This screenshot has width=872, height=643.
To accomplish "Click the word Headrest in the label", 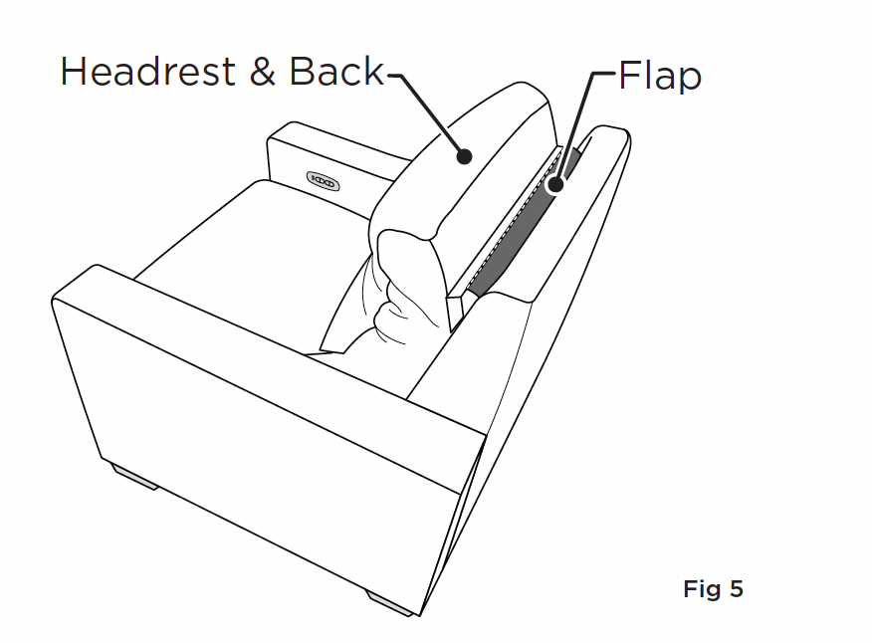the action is (x=148, y=72).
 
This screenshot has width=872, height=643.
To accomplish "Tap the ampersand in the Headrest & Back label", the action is (x=263, y=73).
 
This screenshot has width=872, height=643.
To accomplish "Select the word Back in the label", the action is (x=336, y=72).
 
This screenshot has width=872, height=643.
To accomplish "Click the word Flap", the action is (x=660, y=76).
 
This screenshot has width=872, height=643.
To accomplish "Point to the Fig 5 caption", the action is (x=713, y=588).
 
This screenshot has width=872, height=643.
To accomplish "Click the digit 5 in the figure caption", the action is (x=737, y=588).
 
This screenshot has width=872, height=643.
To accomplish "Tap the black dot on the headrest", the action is (x=464, y=157).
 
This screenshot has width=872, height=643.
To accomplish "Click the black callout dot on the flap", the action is (x=555, y=184).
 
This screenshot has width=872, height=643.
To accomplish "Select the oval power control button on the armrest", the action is (x=323, y=181).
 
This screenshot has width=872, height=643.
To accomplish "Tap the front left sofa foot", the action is (x=135, y=477).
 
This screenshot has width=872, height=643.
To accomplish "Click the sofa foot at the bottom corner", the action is (x=390, y=603).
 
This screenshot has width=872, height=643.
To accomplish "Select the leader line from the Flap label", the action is (x=578, y=122).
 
